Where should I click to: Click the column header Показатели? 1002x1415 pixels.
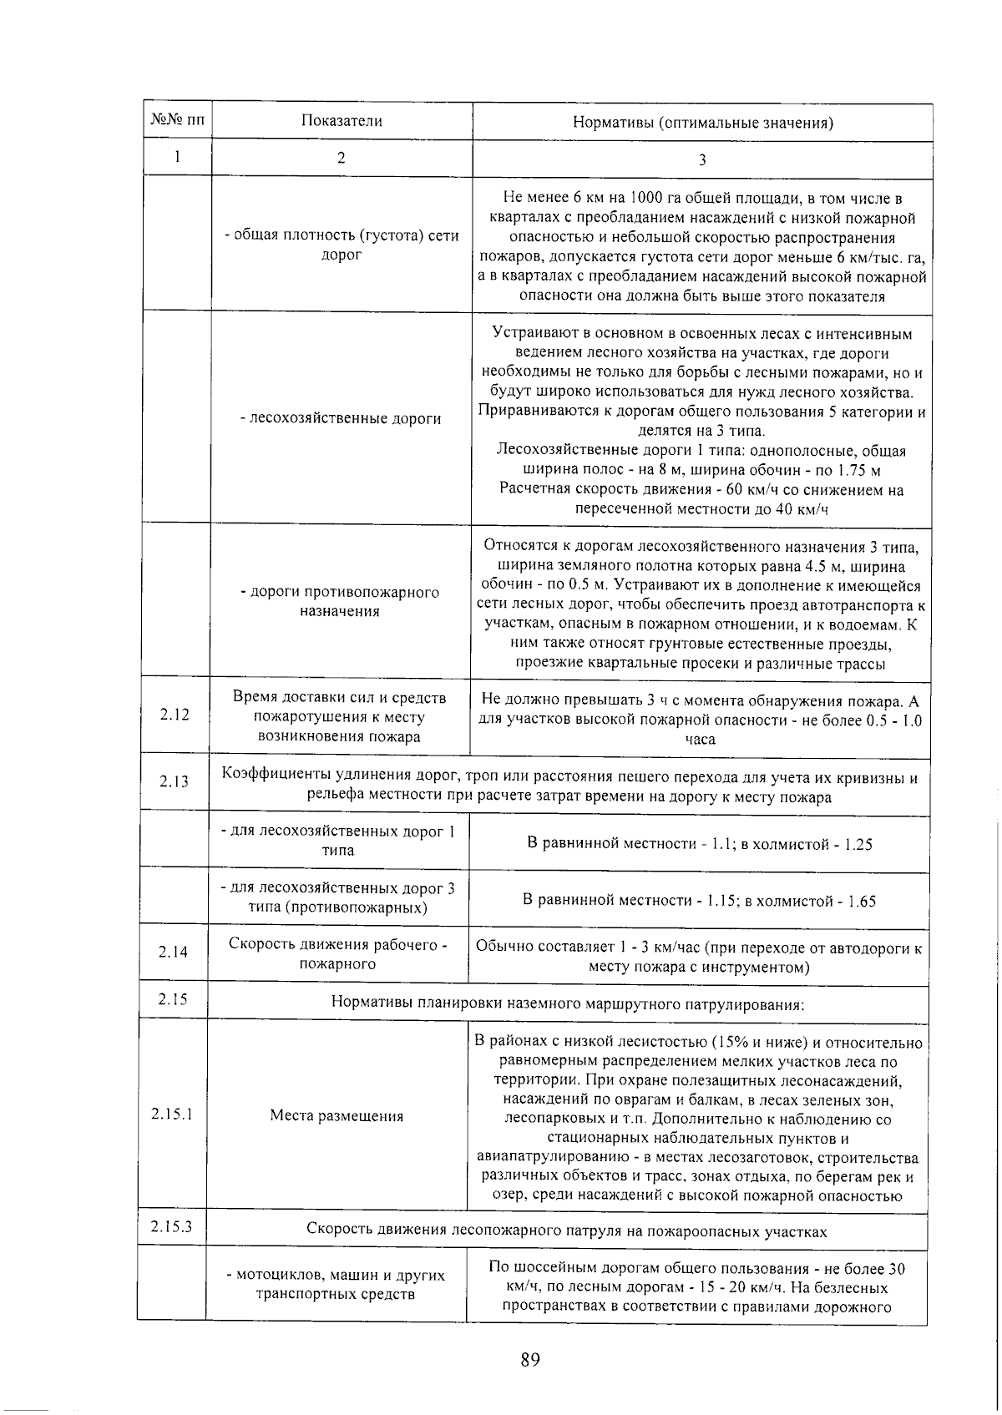tap(342, 122)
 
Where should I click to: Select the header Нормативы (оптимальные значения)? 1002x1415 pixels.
tap(702, 124)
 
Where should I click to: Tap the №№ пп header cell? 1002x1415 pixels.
tap(177, 121)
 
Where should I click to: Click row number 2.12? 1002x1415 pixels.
tap(175, 715)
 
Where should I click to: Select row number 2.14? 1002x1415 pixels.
tap(173, 953)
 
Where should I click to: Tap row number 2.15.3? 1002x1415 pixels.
tap(172, 1227)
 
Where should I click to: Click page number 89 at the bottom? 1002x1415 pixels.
tap(530, 1360)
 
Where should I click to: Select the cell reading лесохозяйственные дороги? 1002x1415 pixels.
tap(341, 419)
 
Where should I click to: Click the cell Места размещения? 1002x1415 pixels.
tap(337, 1117)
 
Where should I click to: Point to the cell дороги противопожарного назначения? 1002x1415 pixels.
tap(340, 602)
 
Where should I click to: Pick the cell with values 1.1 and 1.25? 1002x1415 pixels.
tap(700, 845)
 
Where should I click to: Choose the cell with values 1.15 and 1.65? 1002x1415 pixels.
tap(699, 902)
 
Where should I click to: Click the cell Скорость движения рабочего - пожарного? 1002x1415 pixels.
tap(337, 954)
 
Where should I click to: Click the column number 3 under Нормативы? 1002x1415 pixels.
tap(702, 160)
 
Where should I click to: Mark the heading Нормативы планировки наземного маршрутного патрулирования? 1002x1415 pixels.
tap(568, 1004)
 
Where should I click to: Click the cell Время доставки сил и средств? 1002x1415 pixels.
tap(339, 717)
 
